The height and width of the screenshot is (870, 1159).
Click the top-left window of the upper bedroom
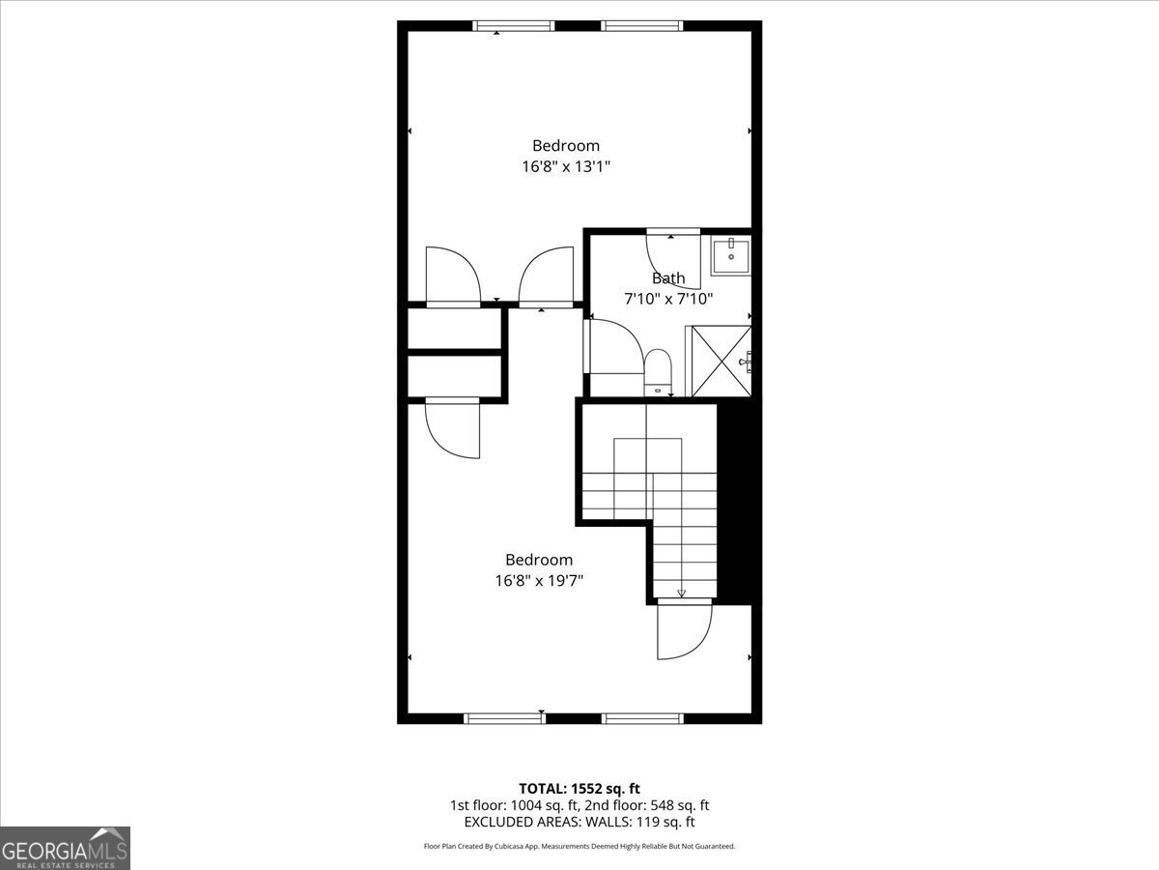(x=513, y=26)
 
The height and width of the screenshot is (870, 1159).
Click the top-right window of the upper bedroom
(x=641, y=26)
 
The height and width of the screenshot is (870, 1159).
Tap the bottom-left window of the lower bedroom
(x=504, y=718)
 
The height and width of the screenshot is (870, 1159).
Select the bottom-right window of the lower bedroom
(x=641, y=718)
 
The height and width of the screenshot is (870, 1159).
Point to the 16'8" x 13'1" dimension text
(x=565, y=166)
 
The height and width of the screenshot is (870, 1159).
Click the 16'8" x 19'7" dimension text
(x=539, y=581)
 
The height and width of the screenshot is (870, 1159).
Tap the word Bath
(x=668, y=278)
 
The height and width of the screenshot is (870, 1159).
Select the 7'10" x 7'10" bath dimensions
(x=668, y=300)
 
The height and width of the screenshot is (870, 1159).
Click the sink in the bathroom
(x=731, y=256)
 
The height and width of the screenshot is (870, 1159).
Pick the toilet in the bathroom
(x=658, y=372)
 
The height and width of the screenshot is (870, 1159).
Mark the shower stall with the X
(x=720, y=362)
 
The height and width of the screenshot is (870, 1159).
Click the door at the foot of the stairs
(x=684, y=629)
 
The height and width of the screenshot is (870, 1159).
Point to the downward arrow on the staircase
(x=682, y=593)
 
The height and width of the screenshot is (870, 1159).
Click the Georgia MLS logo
(x=66, y=848)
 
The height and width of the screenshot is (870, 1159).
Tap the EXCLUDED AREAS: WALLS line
(x=579, y=822)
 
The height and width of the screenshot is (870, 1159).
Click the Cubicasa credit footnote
(x=579, y=846)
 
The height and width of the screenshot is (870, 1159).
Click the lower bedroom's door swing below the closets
(x=452, y=428)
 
